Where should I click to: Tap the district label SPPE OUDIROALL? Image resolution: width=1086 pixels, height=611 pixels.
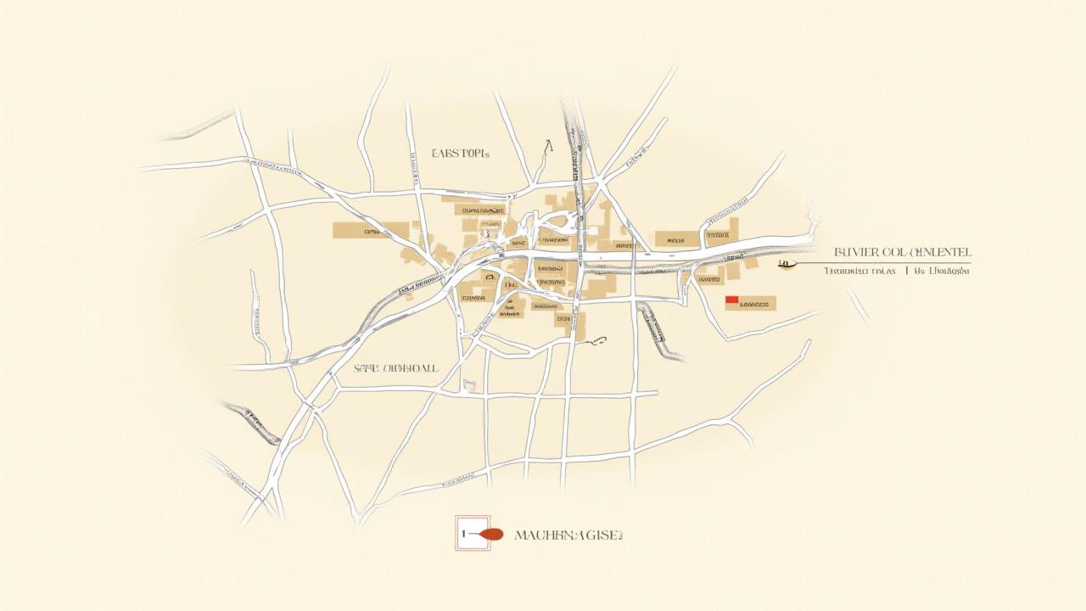(396, 369)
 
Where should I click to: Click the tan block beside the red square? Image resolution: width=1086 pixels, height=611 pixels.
(758, 303)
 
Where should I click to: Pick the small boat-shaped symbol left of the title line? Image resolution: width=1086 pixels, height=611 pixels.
(785, 264)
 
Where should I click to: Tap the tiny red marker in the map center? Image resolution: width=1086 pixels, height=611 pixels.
(487, 230)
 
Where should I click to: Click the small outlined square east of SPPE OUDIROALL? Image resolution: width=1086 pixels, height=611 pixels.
(471, 386)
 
